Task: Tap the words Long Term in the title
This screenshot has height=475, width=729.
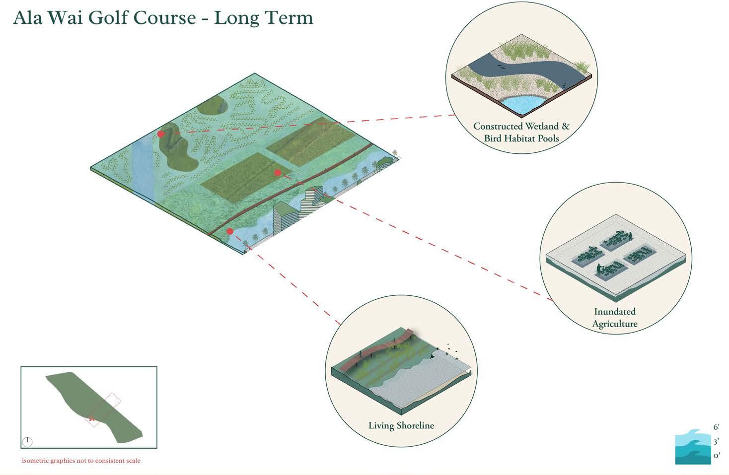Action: click(264, 18)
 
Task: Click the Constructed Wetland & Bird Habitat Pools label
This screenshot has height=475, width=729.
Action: click(521, 133)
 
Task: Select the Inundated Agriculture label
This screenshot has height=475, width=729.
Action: click(615, 318)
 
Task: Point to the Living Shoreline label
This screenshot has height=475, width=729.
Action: click(401, 425)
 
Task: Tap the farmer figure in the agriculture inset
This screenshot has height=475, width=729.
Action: click(600, 270)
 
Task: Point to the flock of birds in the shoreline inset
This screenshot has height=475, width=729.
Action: click(451, 350)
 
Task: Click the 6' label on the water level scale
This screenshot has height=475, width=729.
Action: click(716, 427)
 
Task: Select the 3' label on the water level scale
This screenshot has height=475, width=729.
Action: click(716, 441)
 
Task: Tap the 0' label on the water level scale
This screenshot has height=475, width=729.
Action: click(716, 455)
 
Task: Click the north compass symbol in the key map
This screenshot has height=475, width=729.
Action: click(27, 441)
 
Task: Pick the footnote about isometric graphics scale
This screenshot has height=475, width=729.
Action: click(81, 461)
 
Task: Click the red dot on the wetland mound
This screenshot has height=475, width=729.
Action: click(161, 134)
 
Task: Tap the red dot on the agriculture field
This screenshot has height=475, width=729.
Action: click(278, 173)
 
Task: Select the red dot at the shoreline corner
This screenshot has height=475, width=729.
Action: click(230, 231)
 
